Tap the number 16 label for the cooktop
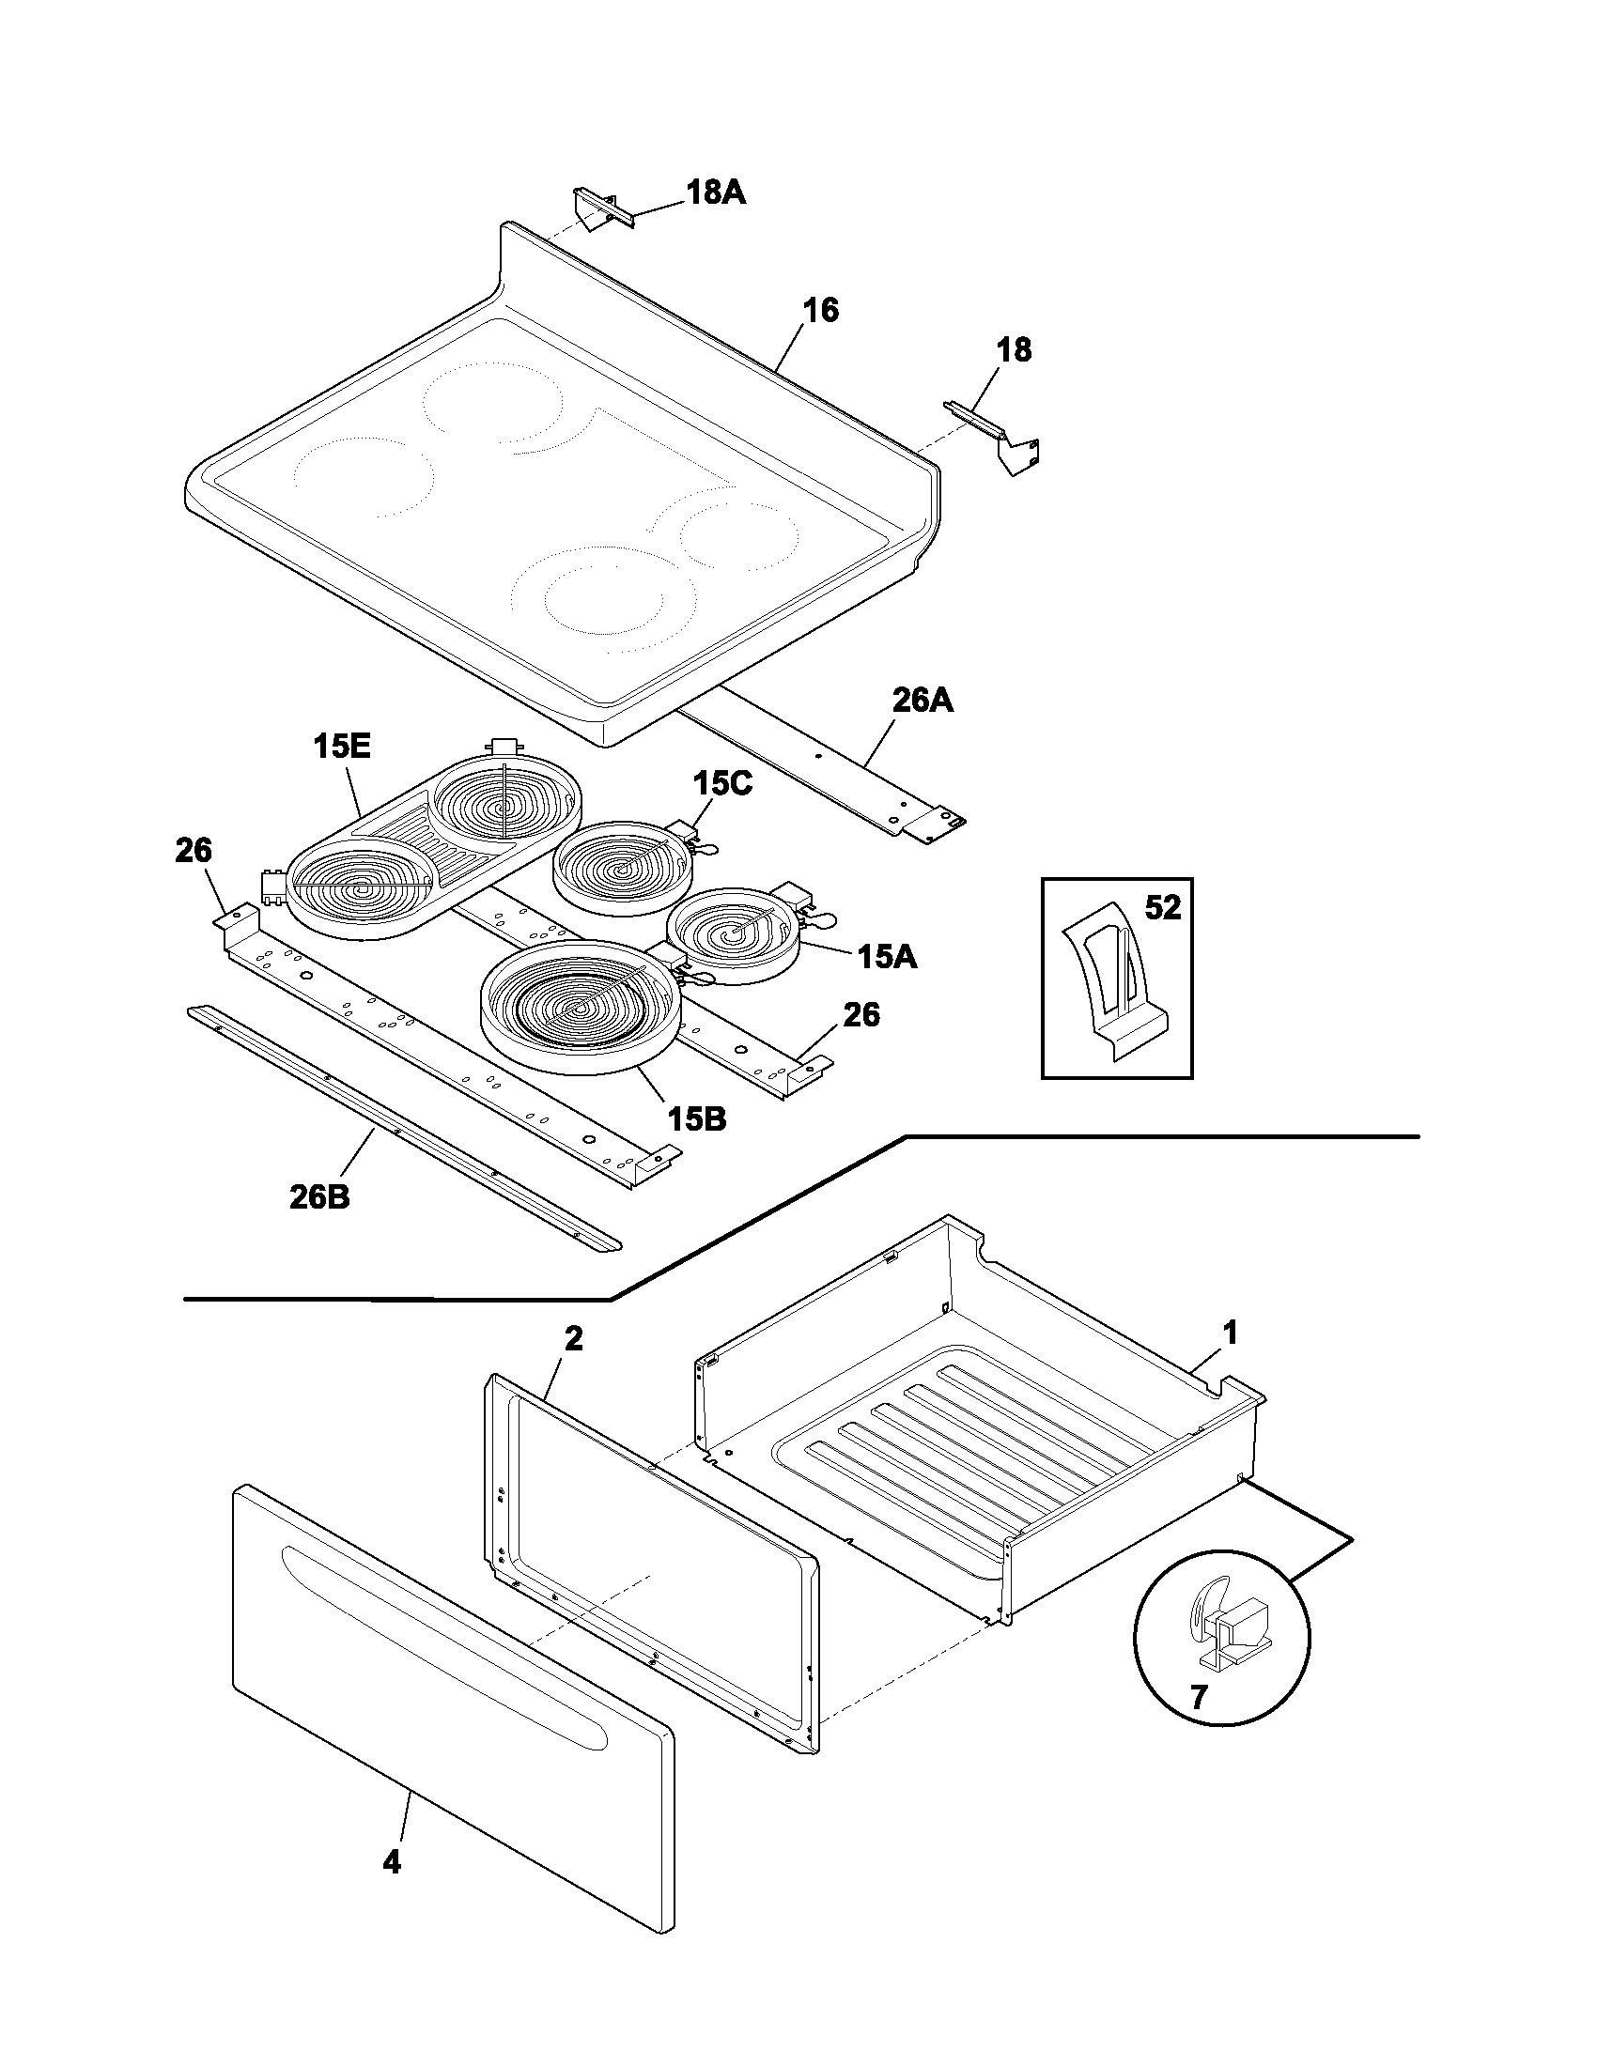tap(820, 310)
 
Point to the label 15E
tap(342, 747)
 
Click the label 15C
tap(721, 783)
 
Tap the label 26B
tap(318, 1197)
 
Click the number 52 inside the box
tap(1163, 908)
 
